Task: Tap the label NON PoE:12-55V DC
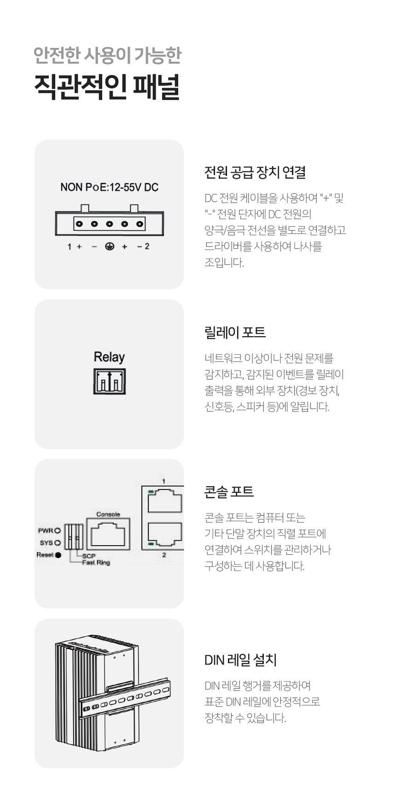pyautogui.click(x=109, y=187)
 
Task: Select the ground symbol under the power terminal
pyautogui.click(x=110, y=247)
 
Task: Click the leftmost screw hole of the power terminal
pyautogui.click(x=79, y=224)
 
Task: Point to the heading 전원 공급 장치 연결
pyautogui.click(x=255, y=173)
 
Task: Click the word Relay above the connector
pyautogui.click(x=109, y=357)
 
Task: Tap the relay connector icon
pyautogui.click(x=110, y=381)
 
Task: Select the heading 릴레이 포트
pyautogui.click(x=235, y=332)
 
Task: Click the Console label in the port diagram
pyautogui.click(x=108, y=514)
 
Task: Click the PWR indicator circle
pyautogui.click(x=58, y=531)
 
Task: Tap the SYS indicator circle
pyautogui.click(x=58, y=543)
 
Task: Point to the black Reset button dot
pyautogui.click(x=58, y=555)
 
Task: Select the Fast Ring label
pyautogui.click(x=96, y=563)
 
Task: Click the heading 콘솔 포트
pyautogui.click(x=229, y=492)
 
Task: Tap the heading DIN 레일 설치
pyautogui.click(x=240, y=660)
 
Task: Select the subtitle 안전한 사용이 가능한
pyautogui.click(x=108, y=55)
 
